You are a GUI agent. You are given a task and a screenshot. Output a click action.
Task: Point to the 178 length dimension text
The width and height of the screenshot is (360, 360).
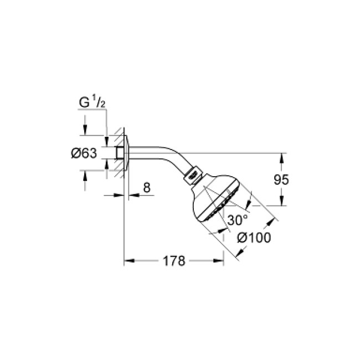tap(174, 261)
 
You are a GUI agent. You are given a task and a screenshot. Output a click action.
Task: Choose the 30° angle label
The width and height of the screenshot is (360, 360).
tap(237, 220)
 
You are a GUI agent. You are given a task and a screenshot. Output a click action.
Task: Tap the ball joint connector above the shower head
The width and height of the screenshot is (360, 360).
tap(193, 173)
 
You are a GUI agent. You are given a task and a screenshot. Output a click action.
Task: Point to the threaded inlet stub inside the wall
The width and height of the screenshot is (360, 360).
tap(119, 153)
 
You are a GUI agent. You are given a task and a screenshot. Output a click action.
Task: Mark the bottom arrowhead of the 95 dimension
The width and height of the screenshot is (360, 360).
tap(281, 202)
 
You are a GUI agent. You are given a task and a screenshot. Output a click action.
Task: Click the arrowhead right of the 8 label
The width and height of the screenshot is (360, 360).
tap(132, 195)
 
